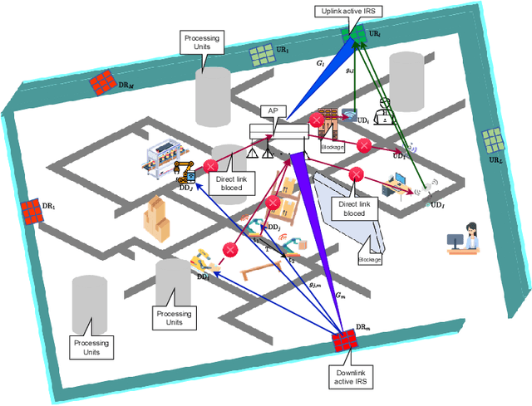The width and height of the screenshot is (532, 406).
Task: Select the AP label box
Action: [x=272, y=110]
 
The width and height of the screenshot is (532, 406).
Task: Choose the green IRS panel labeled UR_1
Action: [x=261, y=56]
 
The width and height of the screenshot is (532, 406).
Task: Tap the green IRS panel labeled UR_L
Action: [x=490, y=139]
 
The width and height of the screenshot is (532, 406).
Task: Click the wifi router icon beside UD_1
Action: [x=348, y=116]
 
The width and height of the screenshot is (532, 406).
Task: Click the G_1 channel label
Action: [x=319, y=61]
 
